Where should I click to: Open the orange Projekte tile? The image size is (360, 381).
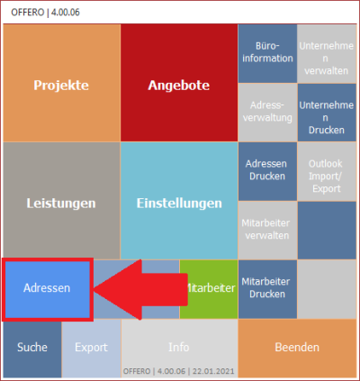[62, 83]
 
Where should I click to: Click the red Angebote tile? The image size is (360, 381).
[179, 83]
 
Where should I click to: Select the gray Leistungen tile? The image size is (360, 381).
[62, 201]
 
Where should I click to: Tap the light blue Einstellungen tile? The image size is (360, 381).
[179, 201]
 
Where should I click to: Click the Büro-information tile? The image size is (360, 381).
[267, 53]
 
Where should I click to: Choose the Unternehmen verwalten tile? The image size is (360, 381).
[327, 53]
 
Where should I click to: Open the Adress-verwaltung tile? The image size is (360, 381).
[267, 113]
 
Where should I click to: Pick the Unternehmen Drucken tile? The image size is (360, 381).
[327, 113]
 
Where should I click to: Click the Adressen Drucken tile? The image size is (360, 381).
[267, 171]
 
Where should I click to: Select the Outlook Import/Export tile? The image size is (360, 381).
[327, 171]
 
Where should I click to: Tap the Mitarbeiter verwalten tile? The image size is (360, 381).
[267, 230]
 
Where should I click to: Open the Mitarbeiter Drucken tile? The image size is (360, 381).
[267, 289]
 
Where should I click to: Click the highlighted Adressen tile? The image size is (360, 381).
[48, 289]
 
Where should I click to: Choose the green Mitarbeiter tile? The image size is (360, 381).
[209, 289]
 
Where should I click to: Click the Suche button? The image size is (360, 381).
[32, 348]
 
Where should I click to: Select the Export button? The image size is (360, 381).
[91, 348]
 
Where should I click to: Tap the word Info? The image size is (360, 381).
[179, 348]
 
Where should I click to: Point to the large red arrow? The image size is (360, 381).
[141, 290]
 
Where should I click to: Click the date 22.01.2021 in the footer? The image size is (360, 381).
[213, 371]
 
